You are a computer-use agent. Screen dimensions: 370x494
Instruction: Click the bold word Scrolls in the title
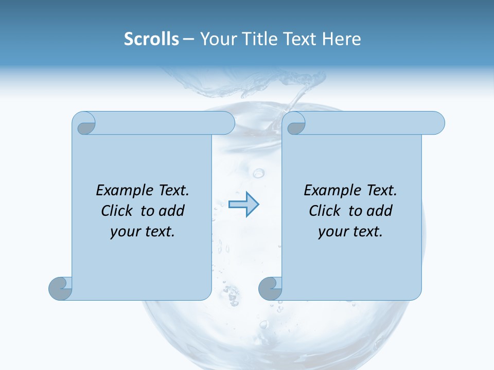pos(151,39)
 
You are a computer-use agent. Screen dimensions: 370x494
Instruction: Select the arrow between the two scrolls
pos(243,205)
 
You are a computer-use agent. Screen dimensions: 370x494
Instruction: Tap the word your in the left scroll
pos(125,232)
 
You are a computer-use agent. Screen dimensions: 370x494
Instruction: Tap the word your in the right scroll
pos(333,232)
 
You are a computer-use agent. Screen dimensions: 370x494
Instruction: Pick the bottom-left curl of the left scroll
pos(60,288)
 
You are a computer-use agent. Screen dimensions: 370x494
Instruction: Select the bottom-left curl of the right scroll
pos(270,288)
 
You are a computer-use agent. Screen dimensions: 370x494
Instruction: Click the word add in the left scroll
pos(171,211)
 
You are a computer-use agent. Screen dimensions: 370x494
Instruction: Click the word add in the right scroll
pos(379,211)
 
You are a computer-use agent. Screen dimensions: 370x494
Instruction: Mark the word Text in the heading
pos(299,39)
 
